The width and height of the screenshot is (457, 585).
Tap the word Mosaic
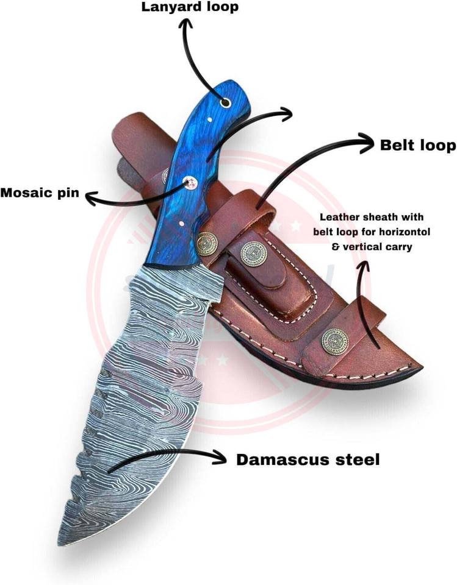(22, 193)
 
